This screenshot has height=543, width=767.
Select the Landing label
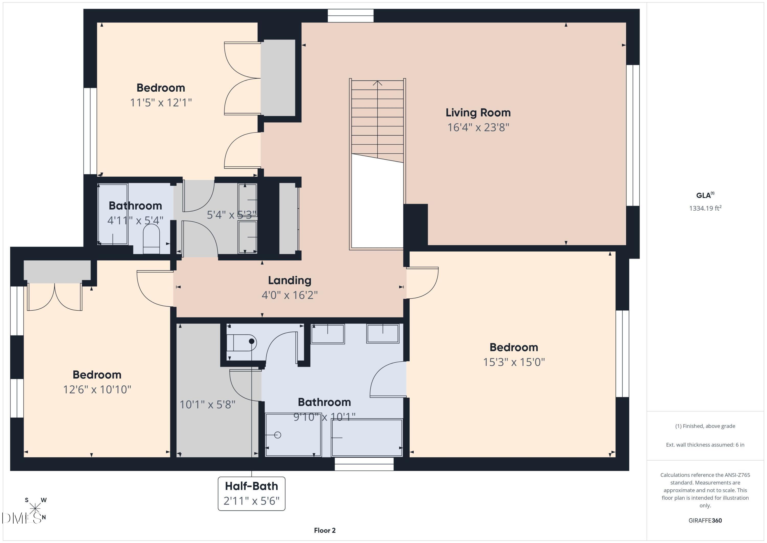pos(289,280)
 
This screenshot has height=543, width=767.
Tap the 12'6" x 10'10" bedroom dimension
pos(97,389)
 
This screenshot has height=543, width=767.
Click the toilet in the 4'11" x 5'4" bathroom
pos(151,238)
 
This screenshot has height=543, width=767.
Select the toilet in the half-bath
pos(241,342)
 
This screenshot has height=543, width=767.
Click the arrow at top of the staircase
pos(377,83)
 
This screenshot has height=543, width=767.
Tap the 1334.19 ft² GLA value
pos(705,208)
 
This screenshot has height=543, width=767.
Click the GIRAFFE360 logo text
pos(705,520)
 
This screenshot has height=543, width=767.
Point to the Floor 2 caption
pos(324,530)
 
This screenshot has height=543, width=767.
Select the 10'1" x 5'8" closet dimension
pos(207,405)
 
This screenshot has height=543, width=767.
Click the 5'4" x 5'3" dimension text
pos(231,215)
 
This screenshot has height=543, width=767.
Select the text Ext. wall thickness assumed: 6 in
pos(705,445)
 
